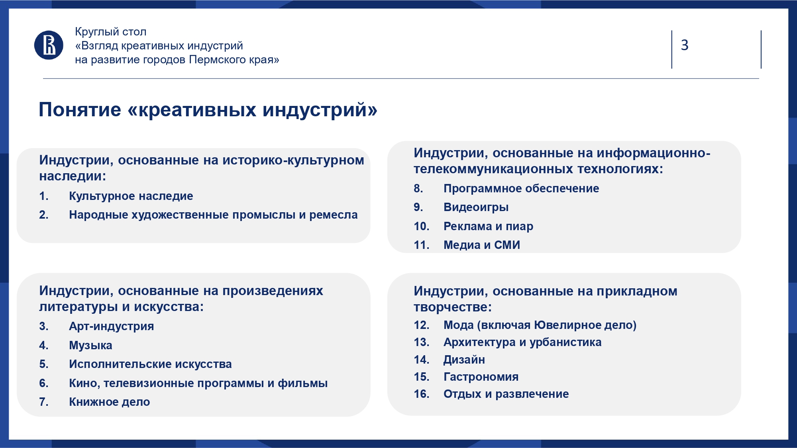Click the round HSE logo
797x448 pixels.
[49, 45]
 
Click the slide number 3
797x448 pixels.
[685, 45]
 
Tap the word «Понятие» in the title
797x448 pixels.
[80, 110]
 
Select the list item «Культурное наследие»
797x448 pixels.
[131, 196]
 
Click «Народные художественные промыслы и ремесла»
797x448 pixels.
[213, 215]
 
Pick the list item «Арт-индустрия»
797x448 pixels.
[111, 326]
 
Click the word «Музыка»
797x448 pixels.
[90, 345]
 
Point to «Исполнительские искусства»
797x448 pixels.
[150, 364]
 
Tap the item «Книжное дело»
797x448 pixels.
[110, 402]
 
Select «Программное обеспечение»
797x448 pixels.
[521, 188]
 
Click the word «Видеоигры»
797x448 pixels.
[476, 207]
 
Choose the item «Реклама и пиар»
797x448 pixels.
[488, 226]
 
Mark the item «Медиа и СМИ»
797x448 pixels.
[482, 245]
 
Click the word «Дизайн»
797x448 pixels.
[464, 360]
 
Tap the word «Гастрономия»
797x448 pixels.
[481, 377]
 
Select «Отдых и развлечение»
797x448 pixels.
[506, 394]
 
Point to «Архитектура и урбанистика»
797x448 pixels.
[522, 342]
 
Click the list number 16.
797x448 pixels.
[421, 394]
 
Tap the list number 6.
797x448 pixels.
[43, 383]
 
